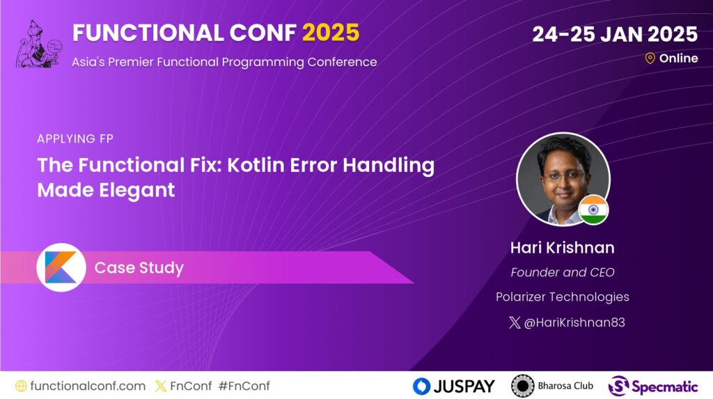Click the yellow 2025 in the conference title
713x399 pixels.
pos(331,33)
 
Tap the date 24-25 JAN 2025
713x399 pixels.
pos(615,33)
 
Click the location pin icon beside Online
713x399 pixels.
pos(650,58)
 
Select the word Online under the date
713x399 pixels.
pos(678,58)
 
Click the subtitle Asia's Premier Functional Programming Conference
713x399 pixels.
pos(224,62)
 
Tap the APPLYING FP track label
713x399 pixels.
pos(75,139)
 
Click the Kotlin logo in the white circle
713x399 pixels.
pos(61,267)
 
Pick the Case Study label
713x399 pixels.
pos(139,268)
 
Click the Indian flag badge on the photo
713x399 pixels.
pos(593,210)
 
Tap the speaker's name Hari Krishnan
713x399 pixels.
pos(563,248)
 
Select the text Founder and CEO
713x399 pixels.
pos(563,272)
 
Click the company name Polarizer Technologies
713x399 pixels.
pos(563,297)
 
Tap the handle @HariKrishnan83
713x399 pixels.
pos(570,322)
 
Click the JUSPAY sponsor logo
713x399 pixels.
pos(453,386)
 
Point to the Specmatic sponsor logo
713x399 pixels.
pos(653,386)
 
